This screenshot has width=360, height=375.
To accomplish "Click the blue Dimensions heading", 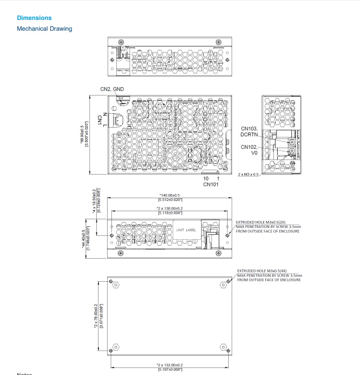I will coord(34,18).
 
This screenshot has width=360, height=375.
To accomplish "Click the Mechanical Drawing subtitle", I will coord(44,29).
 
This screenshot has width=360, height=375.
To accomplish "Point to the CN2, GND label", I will coord(112,89).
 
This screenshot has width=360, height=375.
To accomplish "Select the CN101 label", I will coord(210,184).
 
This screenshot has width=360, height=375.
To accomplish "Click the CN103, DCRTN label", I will coord(249,131).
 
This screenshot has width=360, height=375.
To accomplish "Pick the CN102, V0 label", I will coord(249,149).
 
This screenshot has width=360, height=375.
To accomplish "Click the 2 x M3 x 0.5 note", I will coord(248,175).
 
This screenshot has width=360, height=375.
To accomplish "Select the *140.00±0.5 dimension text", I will coord(170,195).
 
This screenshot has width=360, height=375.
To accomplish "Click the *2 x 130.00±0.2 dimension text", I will coord(170,208).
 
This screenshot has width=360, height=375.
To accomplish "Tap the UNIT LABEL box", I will coord(186,231).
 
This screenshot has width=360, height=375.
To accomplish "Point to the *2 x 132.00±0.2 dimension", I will coord(170,365).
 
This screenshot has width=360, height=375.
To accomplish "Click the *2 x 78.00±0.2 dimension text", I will coord(96,315).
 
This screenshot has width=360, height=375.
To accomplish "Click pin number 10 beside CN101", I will coord(206,178).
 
